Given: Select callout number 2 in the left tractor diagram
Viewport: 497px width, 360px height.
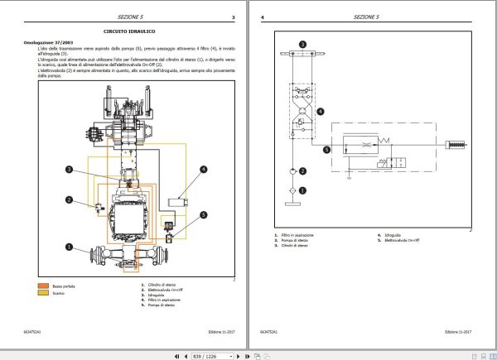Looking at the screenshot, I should tap(71, 200).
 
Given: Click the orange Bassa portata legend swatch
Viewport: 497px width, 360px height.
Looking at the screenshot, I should tap(42, 286).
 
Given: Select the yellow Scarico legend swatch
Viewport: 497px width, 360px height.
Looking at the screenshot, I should tap(42, 293).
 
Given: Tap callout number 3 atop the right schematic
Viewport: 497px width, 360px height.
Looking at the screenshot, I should tap(302, 43).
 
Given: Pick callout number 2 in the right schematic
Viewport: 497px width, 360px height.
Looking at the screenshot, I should tap(302, 171).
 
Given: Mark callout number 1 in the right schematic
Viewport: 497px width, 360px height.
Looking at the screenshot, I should tap(302, 190).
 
